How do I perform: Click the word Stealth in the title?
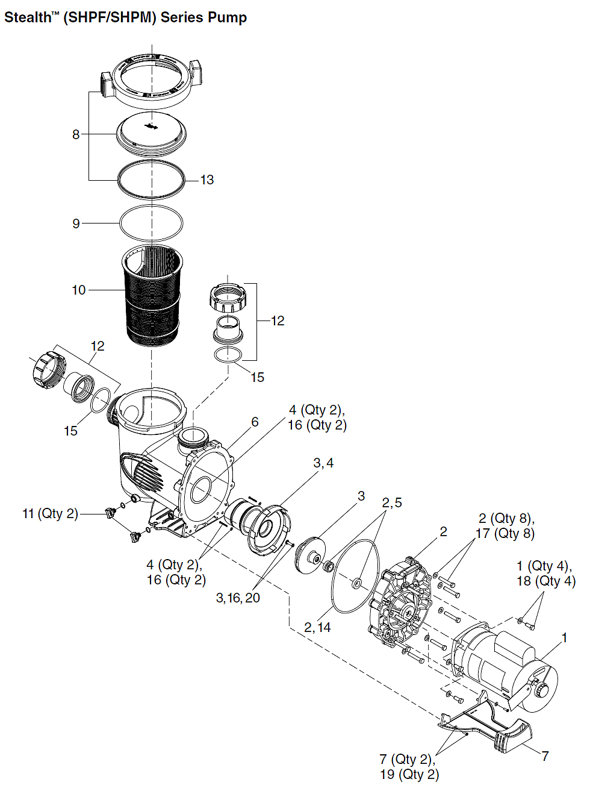28,17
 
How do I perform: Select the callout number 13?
206,180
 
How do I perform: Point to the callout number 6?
255,422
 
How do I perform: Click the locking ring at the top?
152,78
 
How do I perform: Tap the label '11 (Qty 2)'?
51,514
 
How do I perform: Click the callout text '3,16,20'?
238,598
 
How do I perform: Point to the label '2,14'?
317,628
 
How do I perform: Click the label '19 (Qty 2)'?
409,774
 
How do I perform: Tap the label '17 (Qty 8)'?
505,533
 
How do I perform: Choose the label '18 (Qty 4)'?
545,581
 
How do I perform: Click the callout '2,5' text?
392,503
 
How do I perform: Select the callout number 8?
76,134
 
